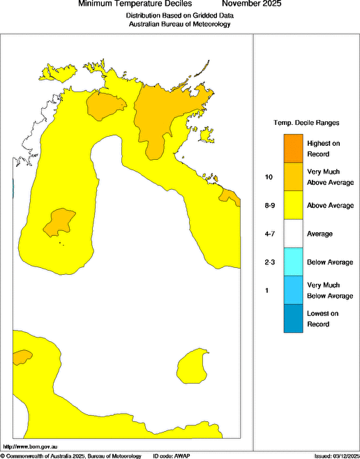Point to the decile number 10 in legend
pos(268,177)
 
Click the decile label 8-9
pos(268,206)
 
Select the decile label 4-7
pos(268,234)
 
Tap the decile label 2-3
pos(268,262)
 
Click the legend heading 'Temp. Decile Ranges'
pos(306,123)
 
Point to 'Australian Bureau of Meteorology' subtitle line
pos(179,24)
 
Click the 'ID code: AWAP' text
pos(171,455)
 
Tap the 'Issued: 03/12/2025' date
pos(333,455)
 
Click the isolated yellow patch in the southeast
pos(194,366)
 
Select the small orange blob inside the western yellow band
pos(59,222)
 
